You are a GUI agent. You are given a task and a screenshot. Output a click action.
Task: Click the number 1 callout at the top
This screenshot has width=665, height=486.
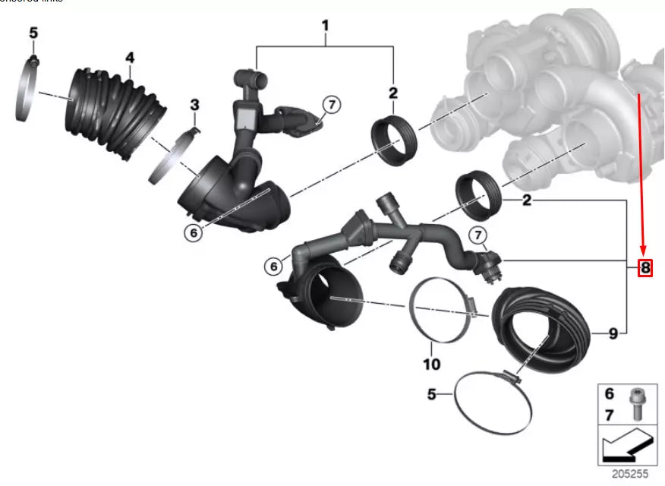click(x=325, y=26)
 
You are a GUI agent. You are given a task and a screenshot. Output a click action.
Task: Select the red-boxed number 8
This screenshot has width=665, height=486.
click(x=645, y=267)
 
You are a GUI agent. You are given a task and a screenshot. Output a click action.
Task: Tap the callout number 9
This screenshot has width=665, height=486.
click(x=613, y=333)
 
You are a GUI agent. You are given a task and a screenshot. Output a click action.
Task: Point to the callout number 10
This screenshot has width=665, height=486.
click(x=431, y=364)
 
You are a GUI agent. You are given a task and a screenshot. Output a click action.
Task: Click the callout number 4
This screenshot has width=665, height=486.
click(x=130, y=58)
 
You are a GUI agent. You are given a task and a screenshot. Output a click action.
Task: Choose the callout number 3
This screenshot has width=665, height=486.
click(x=194, y=104)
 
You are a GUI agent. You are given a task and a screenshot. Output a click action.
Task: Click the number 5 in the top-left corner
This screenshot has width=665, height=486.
click(x=33, y=33)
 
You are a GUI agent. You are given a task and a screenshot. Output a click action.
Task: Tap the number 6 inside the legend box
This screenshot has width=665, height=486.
click(x=609, y=393)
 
